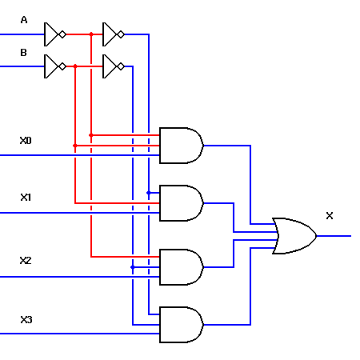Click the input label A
(x=23, y=20)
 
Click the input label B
(x=23, y=52)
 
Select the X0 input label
(x=26, y=141)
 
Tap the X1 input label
(x=26, y=197)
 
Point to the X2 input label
(x=26, y=261)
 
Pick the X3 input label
(x=26, y=320)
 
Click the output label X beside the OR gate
(x=329, y=216)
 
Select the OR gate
(x=294, y=236)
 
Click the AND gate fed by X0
(x=181, y=146)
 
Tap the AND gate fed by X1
(x=181, y=203)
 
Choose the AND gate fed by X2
(x=181, y=267)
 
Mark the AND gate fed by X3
(x=181, y=325)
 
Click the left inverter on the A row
(x=54, y=34)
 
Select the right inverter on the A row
(x=113, y=34)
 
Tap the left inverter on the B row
(x=54, y=66)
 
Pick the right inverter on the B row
(x=113, y=66)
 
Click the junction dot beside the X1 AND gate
(x=149, y=193)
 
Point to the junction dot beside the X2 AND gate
(x=133, y=266)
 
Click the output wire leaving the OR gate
(x=334, y=236)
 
